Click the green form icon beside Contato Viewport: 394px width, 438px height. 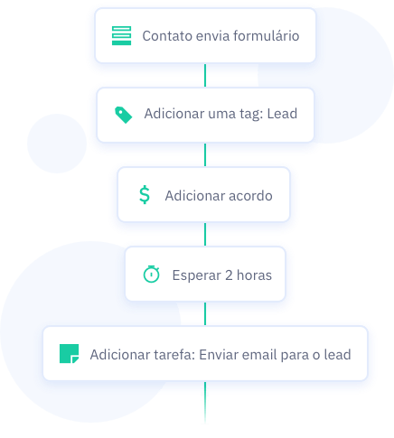point(121,35)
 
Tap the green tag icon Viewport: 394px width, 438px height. point(124,115)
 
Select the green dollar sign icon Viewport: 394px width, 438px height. point(145,195)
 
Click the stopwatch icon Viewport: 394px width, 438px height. point(151,274)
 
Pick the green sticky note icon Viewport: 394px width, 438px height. point(70,354)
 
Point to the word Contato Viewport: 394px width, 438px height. point(167,36)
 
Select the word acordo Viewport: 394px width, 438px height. point(250,196)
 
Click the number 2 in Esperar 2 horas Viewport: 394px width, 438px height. point(229,275)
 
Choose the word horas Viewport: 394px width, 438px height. point(254,275)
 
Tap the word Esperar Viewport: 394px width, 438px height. point(197,275)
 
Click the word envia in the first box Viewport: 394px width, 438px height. point(212,36)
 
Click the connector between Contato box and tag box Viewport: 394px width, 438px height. point(205,75)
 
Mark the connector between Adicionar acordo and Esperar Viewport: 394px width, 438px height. point(205,234)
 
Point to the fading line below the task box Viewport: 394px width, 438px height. point(205,403)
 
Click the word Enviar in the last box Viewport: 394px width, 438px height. point(219,355)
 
